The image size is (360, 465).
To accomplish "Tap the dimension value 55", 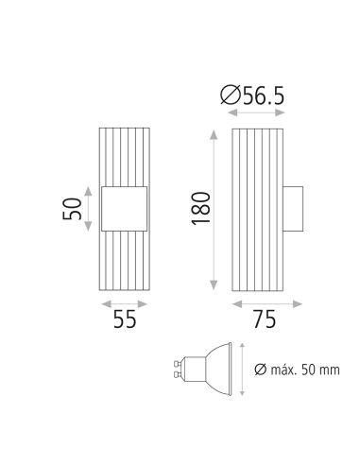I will click(123, 319).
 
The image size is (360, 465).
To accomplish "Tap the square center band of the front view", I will click(124, 208).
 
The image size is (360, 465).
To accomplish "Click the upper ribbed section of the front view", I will click(124, 156).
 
